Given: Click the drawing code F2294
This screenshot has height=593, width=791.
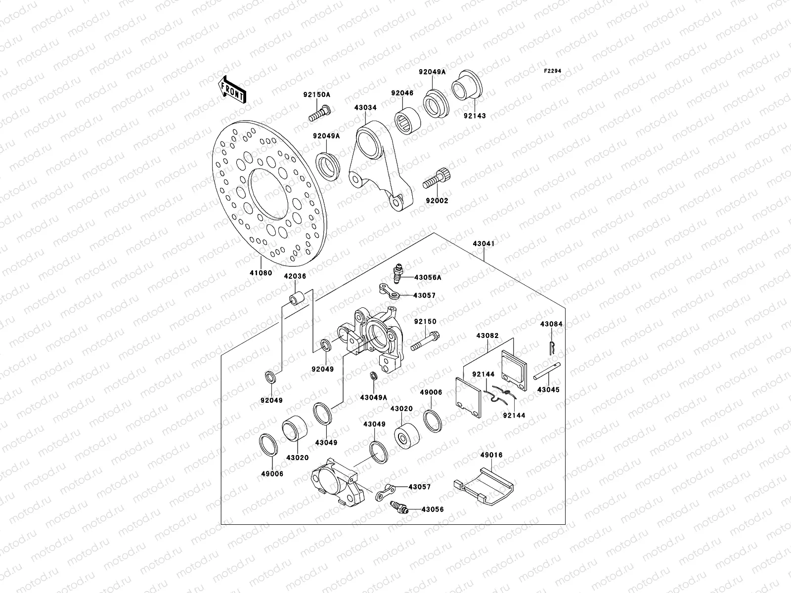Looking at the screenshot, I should tap(553, 71).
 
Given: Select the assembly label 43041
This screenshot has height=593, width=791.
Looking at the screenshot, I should tap(483, 244).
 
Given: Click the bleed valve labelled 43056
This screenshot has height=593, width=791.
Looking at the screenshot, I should tap(398, 507).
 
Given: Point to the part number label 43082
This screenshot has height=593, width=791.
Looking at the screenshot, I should tap(487, 336).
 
